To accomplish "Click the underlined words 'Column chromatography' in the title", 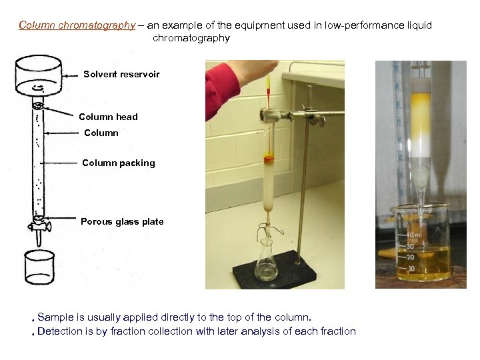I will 77,25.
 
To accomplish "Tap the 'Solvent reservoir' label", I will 121,74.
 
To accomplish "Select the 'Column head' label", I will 108,117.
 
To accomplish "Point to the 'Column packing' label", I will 118,163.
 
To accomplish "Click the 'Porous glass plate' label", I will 122,221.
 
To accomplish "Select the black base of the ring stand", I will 287,273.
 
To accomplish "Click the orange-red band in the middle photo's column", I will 269,159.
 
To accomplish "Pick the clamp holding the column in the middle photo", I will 293,115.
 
